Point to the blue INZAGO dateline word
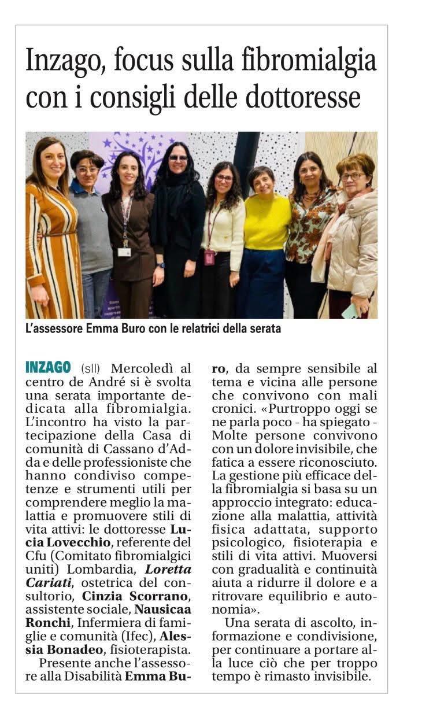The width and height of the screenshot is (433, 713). pos(49,367)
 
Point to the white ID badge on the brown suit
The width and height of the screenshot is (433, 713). pos(124,252)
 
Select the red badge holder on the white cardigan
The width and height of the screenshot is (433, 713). pos(209,257)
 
